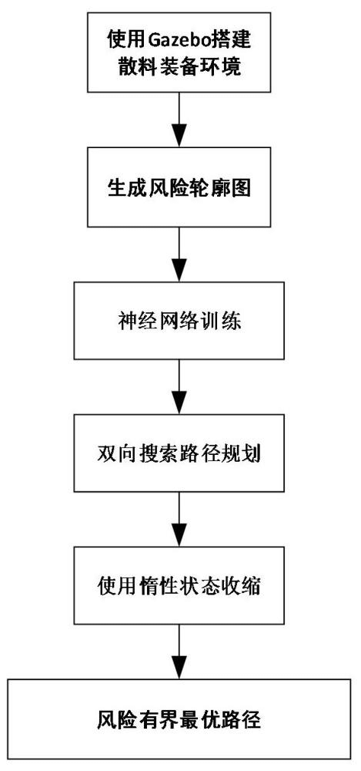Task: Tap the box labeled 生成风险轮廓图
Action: (179, 187)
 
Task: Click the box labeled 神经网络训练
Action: (179, 319)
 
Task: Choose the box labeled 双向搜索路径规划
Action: (179, 452)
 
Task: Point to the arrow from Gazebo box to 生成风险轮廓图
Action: (179, 120)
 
